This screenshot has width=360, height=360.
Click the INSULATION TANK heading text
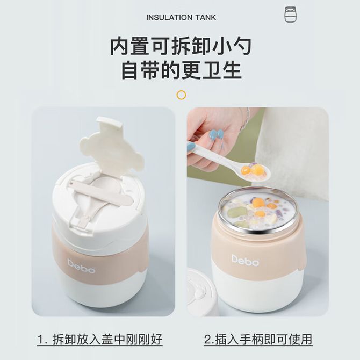[x=181, y=17]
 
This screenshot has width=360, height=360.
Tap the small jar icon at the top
[x=290, y=15]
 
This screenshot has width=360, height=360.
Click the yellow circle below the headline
[x=182, y=95]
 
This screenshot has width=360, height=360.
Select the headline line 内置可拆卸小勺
[x=181, y=47]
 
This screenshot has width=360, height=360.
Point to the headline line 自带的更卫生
[x=182, y=70]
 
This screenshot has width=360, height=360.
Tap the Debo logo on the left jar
[x=81, y=266]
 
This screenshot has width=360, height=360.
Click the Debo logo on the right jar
[x=245, y=260]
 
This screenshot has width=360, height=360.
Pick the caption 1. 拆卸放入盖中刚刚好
[x=100, y=340]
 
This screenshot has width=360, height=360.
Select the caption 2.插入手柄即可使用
[x=258, y=339]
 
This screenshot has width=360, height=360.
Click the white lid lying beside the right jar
[x=200, y=292]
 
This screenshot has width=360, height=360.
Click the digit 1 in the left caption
[x=41, y=340]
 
